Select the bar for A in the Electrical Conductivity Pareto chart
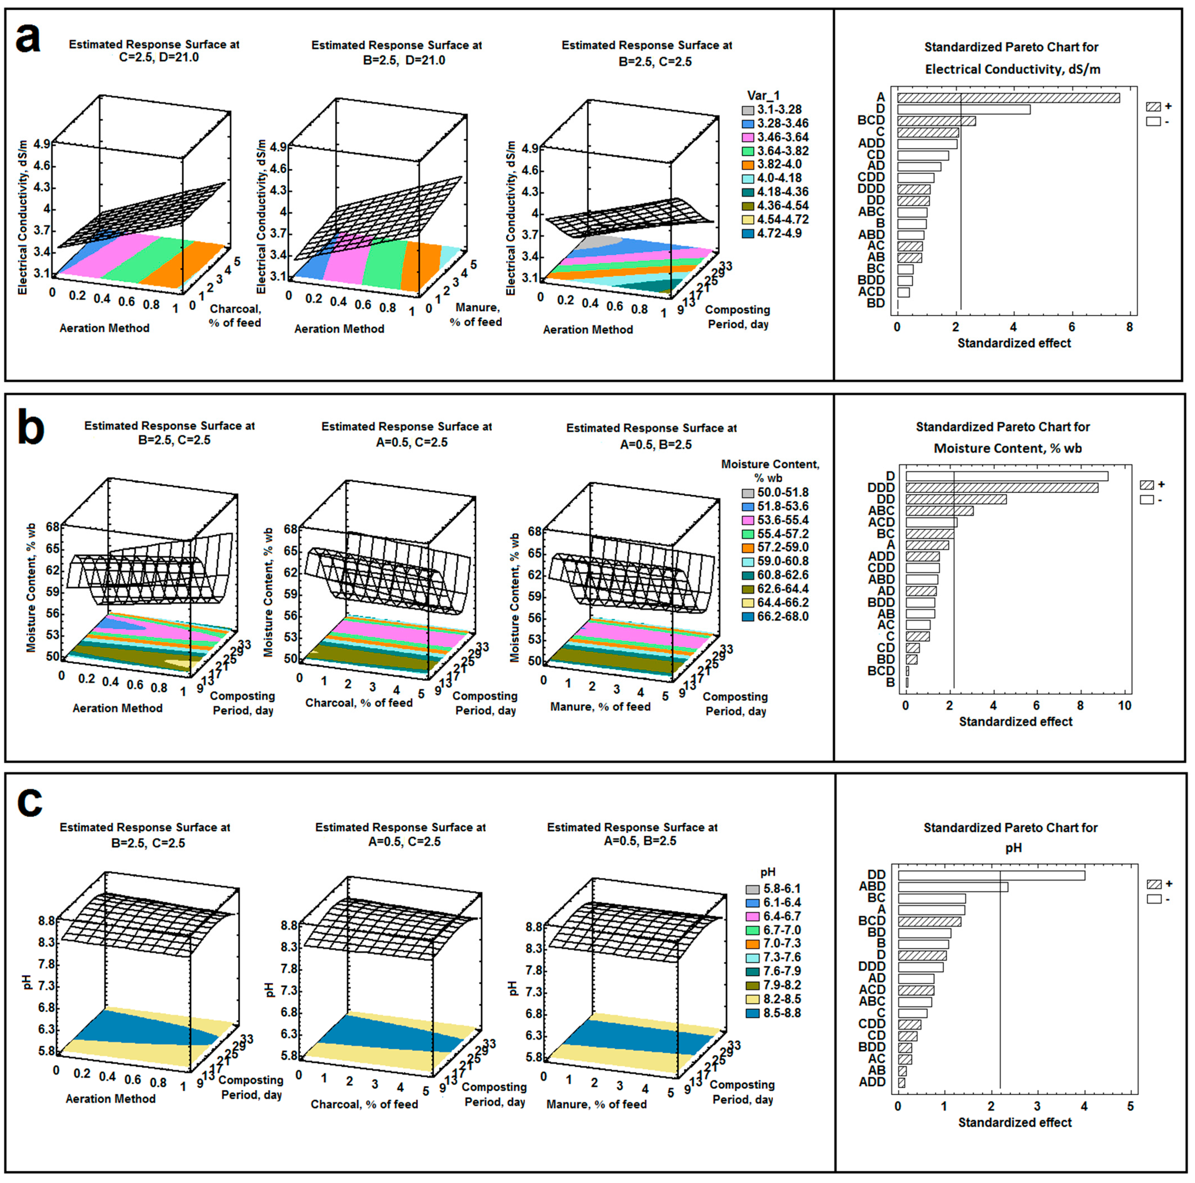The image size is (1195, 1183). point(1008,98)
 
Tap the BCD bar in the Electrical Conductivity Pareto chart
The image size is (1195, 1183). point(937,121)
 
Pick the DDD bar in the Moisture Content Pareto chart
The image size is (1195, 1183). point(1002,488)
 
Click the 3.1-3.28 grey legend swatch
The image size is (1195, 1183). point(749,110)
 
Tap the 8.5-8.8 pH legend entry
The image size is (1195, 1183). point(773,1013)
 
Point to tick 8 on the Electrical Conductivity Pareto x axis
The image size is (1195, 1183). point(1129,327)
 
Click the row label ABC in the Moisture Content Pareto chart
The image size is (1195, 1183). point(882,510)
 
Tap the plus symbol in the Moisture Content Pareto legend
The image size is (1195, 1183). point(1161,484)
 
